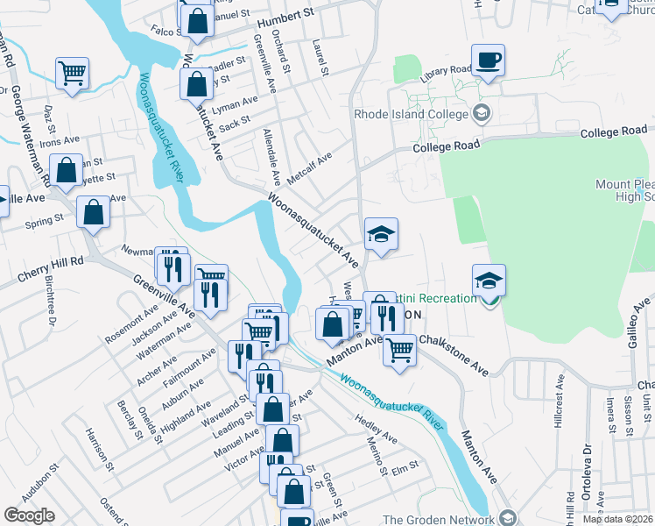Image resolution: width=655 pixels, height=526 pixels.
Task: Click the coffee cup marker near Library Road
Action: pyautogui.click(x=488, y=60)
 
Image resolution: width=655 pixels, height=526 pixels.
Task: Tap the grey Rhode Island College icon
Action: pyautogui.click(x=481, y=113)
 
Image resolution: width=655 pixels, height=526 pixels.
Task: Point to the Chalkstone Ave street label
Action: pyautogui.click(x=454, y=353)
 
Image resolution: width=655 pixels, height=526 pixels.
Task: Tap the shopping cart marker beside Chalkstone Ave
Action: pyautogui.click(x=399, y=349)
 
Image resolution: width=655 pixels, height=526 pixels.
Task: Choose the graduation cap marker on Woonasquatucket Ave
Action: pyautogui.click(x=381, y=234)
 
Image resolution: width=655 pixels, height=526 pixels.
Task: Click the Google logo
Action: pyautogui.click(x=29, y=515)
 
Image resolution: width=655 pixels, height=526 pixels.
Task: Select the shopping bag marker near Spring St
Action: pyautogui.click(x=93, y=212)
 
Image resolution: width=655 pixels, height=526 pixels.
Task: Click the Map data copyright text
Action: pyautogui.click(x=617, y=519)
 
